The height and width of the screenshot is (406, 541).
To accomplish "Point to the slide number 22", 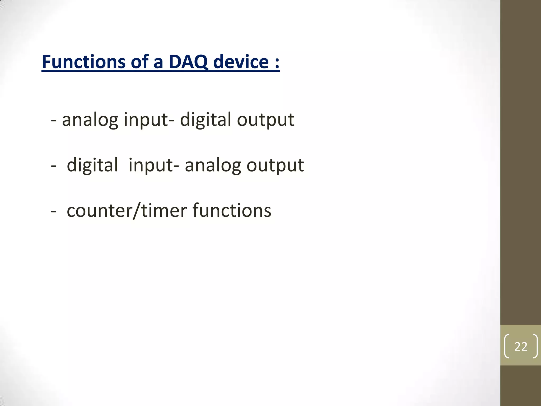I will pyautogui.click(x=521, y=346).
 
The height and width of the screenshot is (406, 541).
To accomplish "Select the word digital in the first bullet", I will pyautogui.click(x=206, y=119).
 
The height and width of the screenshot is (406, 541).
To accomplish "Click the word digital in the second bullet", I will pyautogui.click(x=92, y=165).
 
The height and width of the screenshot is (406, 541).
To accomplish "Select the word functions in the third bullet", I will pyautogui.click(x=232, y=211).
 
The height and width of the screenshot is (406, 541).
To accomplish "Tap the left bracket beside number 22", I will pyautogui.click(x=506, y=346).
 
